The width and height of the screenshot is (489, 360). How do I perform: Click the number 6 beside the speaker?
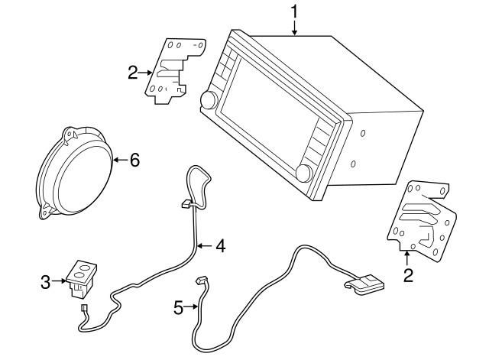135,160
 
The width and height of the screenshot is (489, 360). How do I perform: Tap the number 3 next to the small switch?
46,282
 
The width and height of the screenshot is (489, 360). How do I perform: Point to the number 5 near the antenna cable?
178,308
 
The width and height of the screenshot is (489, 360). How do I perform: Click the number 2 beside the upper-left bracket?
133,73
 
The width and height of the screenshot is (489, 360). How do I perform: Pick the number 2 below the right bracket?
408,274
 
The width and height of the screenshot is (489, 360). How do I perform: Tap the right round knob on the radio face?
304,174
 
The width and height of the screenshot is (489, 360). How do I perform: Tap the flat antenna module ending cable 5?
364,284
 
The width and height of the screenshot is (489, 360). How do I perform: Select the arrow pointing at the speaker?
118,160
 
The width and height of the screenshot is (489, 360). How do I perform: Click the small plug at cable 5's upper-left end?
202,281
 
